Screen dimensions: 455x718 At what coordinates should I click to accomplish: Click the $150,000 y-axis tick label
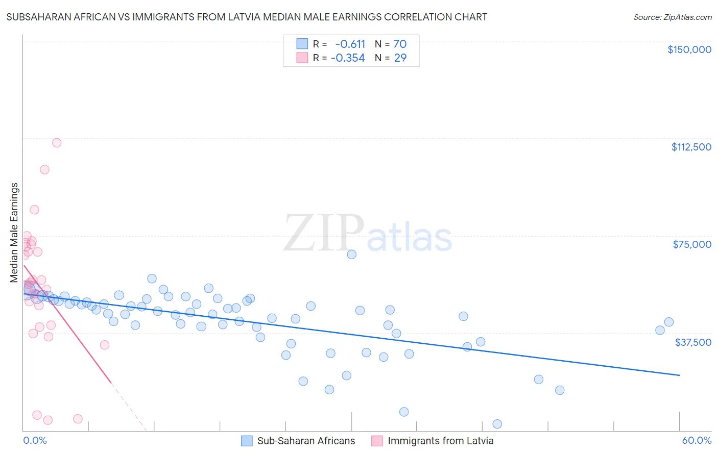coord(689,49)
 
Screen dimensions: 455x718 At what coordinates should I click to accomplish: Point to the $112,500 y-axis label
coord(691,147)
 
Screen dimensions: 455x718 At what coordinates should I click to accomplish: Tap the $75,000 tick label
coord(692,244)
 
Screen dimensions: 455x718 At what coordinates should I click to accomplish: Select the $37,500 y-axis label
coord(693,342)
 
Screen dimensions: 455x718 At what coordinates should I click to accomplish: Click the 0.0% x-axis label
coord(35,441)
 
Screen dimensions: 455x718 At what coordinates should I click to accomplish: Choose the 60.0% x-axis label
coord(697,441)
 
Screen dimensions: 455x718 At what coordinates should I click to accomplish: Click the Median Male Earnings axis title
coord(14,233)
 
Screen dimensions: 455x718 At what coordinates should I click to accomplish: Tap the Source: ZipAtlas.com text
coord(673,17)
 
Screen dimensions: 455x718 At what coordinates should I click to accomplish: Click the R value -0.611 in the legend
coord(350,44)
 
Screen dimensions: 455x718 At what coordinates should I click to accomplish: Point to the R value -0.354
coord(348,58)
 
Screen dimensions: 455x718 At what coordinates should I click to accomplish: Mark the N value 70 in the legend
coord(400,44)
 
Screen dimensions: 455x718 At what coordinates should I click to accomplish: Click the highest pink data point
coord(57,143)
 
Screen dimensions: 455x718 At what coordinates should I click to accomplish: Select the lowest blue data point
coord(497,424)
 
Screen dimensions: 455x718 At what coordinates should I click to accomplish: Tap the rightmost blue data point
coord(669,322)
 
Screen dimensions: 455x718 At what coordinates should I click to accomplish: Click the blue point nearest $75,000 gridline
coord(351,254)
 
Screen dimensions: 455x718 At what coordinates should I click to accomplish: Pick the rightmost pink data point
coord(104,345)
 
